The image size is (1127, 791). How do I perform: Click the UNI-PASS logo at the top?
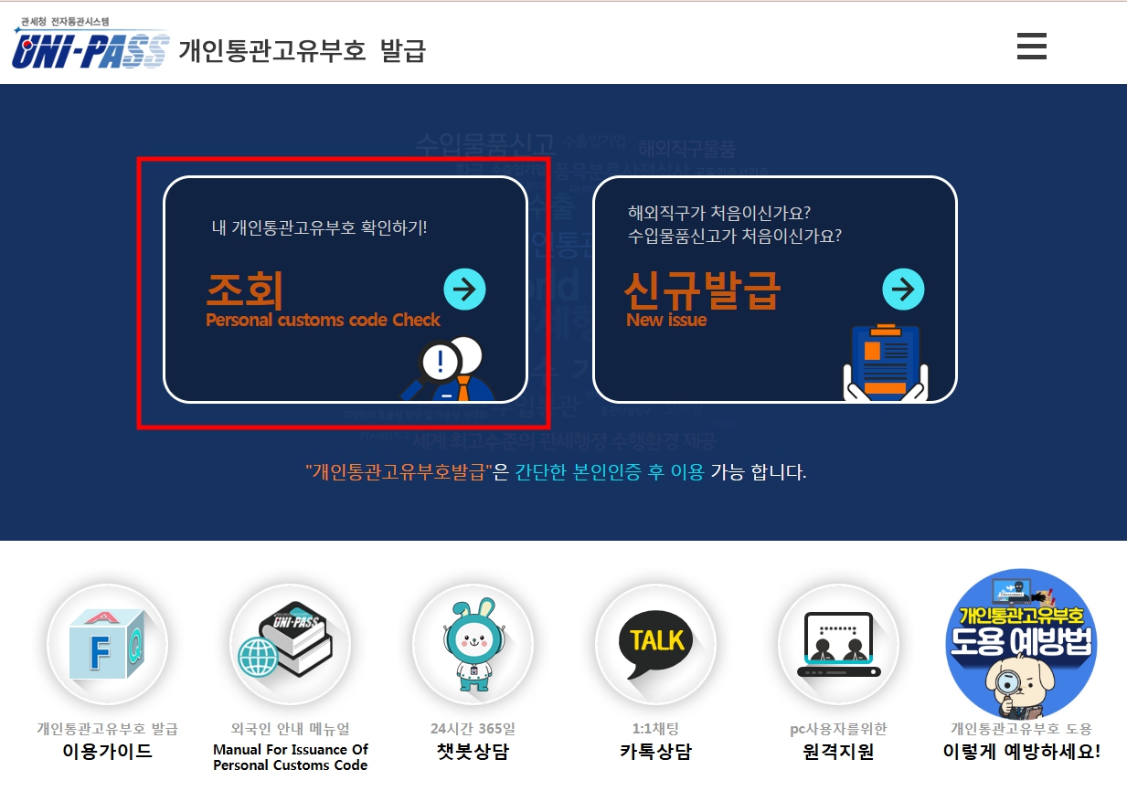pyautogui.click(x=90, y=48)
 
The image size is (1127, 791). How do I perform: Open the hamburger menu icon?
pyautogui.click(x=1031, y=46)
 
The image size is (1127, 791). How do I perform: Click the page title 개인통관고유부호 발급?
pyautogui.click(x=303, y=50)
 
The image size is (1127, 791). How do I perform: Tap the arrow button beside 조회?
pyautogui.click(x=464, y=290)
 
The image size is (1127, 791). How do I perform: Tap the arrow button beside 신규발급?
pyautogui.click(x=903, y=290)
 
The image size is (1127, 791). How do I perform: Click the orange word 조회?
pyautogui.click(x=244, y=290)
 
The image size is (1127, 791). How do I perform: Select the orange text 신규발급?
pyautogui.click(x=702, y=290)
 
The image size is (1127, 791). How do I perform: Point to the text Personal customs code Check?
pyautogui.click(x=323, y=321)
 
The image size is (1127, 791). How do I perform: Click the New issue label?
pyautogui.click(x=666, y=321)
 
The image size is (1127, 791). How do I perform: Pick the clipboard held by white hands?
pyautogui.click(x=885, y=364)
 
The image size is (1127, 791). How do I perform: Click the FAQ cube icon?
pyautogui.click(x=107, y=645)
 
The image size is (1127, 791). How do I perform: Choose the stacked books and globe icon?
pyautogui.click(x=289, y=643)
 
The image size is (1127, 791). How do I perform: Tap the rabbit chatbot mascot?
pyautogui.click(x=473, y=645)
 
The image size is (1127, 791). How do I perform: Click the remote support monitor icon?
pyautogui.click(x=838, y=645)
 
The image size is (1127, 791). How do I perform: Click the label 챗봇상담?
pyautogui.click(x=473, y=752)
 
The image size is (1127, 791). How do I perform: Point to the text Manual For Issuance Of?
pyautogui.click(x=291, y=750)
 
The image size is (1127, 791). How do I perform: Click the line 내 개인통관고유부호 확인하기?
pyautogui.click(x=320, y=227)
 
